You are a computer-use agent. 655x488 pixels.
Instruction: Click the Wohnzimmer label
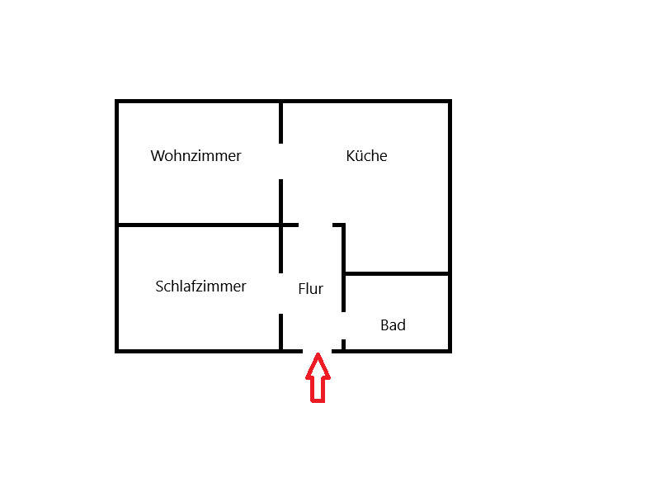pos(196,155)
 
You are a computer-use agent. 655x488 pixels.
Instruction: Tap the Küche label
pos(366,155)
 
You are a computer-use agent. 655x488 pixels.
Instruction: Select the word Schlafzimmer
pos(200,287)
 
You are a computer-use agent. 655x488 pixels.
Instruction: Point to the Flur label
pos(311,288)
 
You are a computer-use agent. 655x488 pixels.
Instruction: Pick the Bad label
pos(393,325)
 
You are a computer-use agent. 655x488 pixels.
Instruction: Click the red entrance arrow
pos(318,377)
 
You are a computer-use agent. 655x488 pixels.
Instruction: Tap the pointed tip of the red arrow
pos(318,353)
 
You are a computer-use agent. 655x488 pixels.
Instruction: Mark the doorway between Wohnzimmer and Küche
pos(280,161)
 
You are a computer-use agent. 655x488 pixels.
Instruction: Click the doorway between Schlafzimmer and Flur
pos(280,294)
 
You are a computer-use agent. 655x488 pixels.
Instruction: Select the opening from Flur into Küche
pos(315,225)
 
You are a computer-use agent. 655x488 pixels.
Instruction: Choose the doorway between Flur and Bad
pos(343,326)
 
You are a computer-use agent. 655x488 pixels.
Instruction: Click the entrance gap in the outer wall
pos(317,351)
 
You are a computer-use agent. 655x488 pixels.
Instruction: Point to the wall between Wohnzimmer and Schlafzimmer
pos(199,225)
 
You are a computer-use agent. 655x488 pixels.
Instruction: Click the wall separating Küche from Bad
pos(397,274)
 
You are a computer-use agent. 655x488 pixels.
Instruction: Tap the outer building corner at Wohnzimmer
pos(117,102)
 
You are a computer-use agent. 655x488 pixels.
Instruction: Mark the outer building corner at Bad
pos(450,351)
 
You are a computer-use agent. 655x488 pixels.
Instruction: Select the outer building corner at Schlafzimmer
pos(117,351)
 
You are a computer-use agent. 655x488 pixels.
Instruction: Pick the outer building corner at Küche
pos(450,102)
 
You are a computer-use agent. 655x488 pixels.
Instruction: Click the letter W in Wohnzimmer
pos(157,155)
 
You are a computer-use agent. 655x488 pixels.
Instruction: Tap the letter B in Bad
pos(384,325)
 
